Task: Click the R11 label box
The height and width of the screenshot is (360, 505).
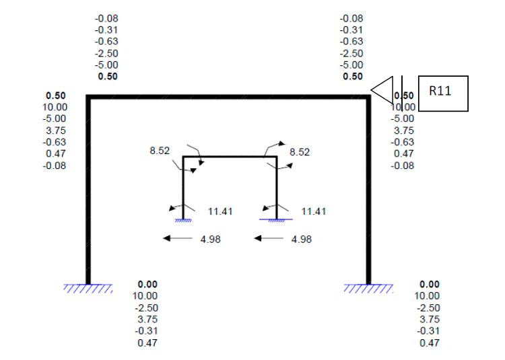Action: [443, 93]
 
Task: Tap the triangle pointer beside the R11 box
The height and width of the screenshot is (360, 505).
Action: [382, 91]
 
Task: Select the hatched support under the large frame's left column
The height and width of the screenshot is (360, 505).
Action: [88, 289]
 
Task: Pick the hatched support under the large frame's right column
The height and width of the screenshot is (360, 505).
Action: [368, 289]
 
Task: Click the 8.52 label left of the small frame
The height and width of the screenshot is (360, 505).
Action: [160, 151]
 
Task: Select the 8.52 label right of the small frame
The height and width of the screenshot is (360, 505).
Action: [300, 153]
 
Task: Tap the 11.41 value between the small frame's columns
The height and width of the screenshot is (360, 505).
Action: [220, 211]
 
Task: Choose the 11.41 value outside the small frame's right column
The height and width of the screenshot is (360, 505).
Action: [313, 211]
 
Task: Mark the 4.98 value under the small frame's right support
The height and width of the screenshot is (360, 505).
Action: [301, 239]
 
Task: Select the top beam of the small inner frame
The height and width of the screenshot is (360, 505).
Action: [230, 157]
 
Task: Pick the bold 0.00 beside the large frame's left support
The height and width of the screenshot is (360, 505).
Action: [147, 285]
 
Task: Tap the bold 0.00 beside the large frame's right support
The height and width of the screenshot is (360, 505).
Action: [429, 285]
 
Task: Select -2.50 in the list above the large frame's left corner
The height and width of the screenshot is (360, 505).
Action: [107, 53]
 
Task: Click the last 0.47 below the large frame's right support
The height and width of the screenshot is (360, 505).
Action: [429, 343]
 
